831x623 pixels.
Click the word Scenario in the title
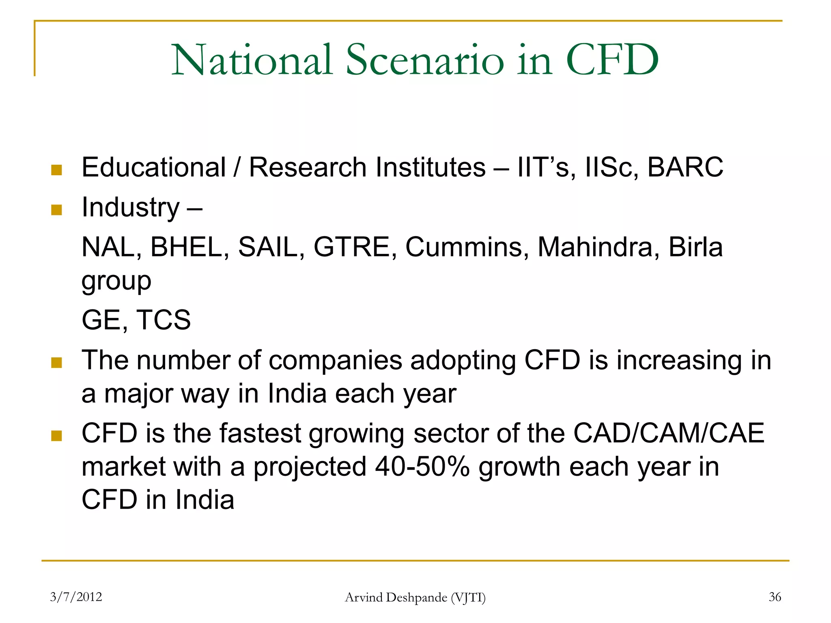coord(425,61)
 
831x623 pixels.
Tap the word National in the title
coord(252,61)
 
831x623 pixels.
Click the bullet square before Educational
coord(57,170)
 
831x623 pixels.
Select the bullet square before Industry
coord(57,210)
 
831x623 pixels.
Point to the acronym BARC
coord(685,167)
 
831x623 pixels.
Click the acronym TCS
coord(164,320)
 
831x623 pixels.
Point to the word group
coord(116,281)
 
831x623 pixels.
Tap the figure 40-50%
coord(422,467)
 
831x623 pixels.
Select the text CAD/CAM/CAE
coord(669,433)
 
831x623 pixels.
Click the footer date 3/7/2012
coord(76,597)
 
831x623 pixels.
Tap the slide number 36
coord(775,597)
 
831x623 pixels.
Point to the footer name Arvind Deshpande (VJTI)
coord(415,597)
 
